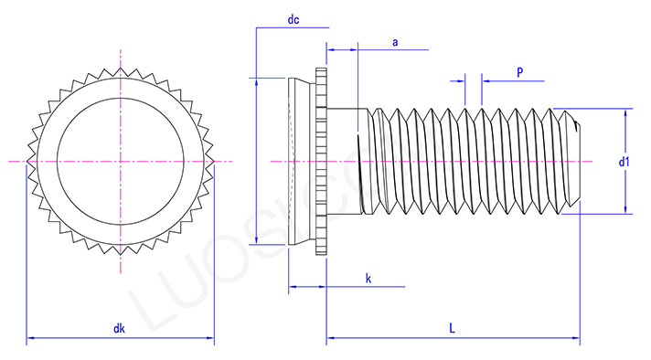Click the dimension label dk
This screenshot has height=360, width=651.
click(x=119, y=329)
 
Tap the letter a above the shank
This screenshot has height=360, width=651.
click(x=395, y=42)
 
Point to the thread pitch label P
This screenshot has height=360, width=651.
click(x=519, y=70)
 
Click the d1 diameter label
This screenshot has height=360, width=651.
click(x=624, y=162)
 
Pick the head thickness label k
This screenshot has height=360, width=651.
click(x=368, y=277)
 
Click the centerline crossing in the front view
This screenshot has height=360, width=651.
click(x=120, y=162)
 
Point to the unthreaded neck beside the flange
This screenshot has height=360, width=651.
click(x=345, y=162)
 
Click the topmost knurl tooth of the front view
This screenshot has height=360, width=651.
click(x=120, y=66)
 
